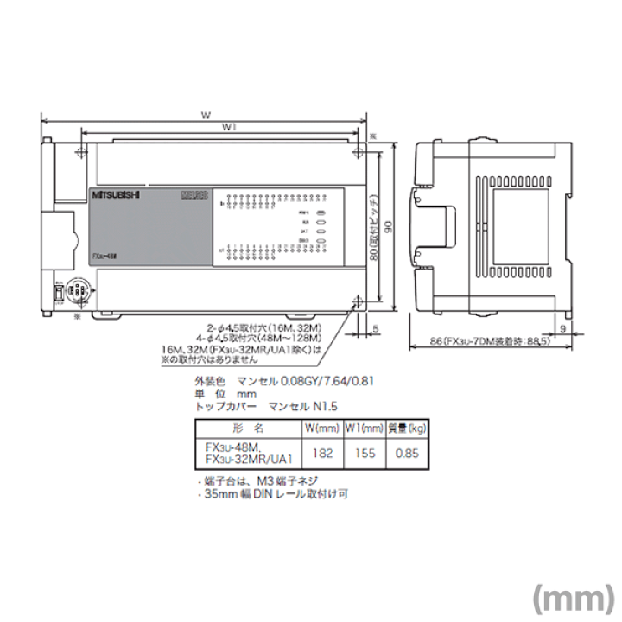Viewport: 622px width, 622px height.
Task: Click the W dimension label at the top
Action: (x=204, y=113)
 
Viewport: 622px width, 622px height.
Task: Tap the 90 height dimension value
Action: (x=388, y=226)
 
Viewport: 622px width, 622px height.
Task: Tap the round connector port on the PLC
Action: (x=75, y=291)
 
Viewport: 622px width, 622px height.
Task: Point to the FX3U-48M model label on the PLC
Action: (x=106, y=257)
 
